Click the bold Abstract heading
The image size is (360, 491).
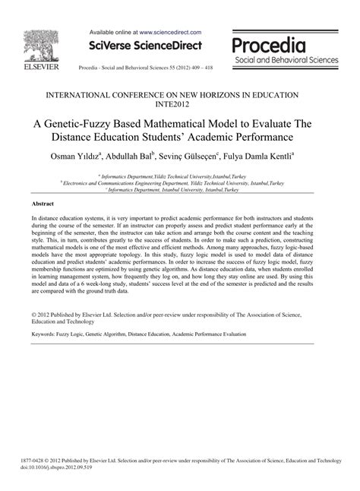[43, 204]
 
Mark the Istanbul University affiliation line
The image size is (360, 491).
[180, 189]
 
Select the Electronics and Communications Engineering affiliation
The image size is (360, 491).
[180, 183]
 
